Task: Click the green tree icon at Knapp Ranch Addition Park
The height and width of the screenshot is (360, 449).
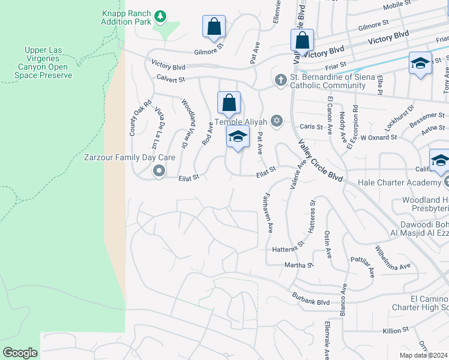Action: [160, 15]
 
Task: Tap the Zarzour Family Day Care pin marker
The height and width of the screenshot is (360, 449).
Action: [159, 171]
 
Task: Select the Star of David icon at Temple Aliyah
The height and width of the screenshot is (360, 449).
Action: [276, 121]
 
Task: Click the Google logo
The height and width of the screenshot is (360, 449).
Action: [20, 353]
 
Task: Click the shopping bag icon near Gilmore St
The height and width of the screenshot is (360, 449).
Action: [214, 26]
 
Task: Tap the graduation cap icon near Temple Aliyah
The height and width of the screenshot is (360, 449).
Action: [238, 137]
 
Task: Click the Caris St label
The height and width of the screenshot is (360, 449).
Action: [311, 127]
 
